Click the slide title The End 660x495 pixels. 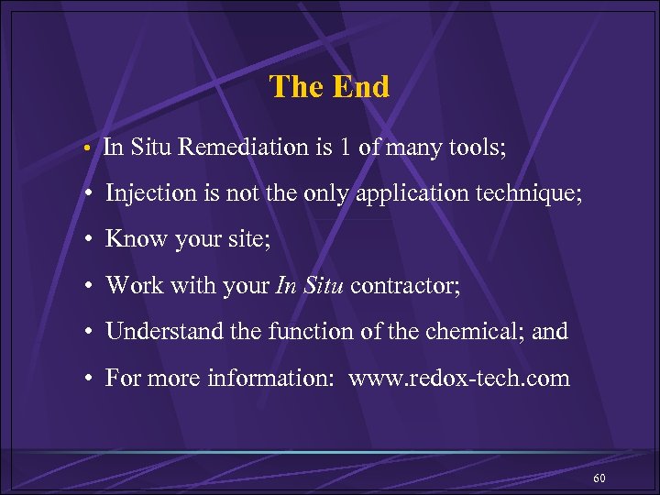click(x=329, y=87)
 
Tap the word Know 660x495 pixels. click(x=133, y=239)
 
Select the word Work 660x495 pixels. click(x=134, y=285)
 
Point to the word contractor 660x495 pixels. click(x=405, y=285)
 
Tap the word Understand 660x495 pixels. click(x=160, y=331)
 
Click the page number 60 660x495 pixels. click(x=599, y=479)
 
